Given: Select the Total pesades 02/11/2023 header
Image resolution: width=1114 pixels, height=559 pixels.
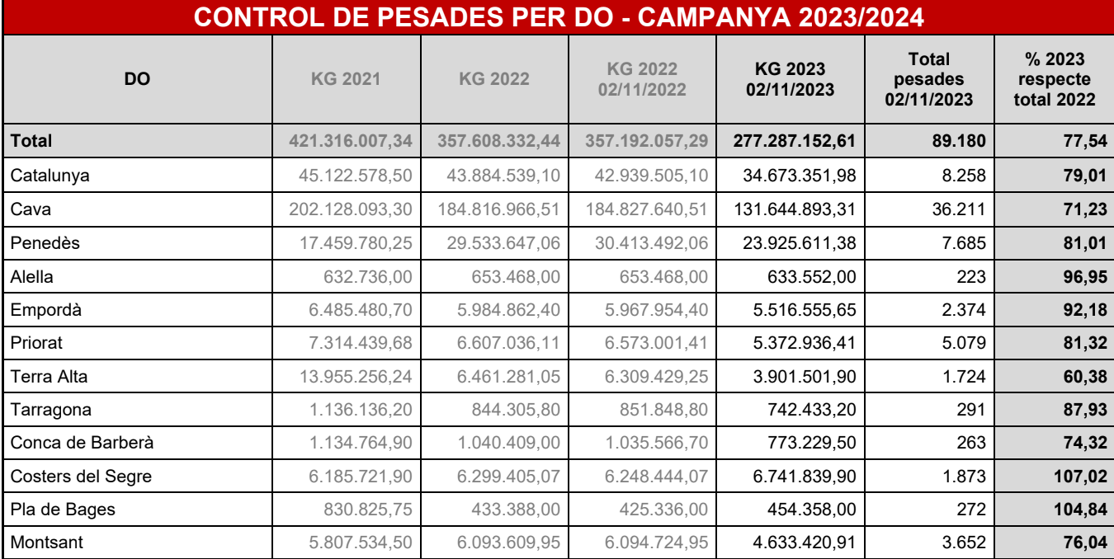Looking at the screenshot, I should [x=928, y=80].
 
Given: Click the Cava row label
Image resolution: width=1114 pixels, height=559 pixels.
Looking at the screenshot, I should [x=31, y=209].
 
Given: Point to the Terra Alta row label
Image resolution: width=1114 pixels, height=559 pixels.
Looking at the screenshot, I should [x=49, y=377].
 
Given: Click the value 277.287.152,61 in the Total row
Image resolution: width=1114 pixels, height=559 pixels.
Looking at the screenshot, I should [x=793, y=141].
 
